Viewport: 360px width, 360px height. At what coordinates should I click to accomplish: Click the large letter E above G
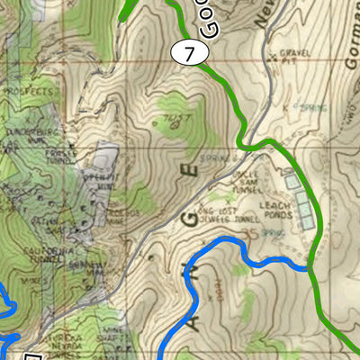click(x=189, y=171)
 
